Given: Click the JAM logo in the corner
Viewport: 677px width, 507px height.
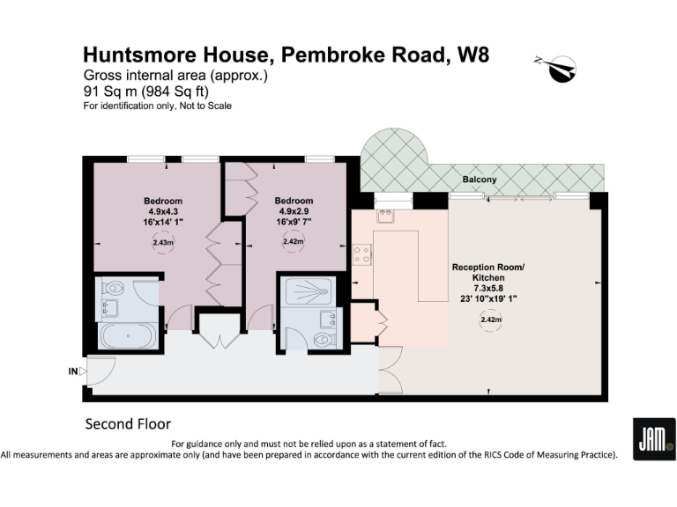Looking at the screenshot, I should click(654, 438).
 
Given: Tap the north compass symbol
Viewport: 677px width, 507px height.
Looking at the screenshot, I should click(558, 67).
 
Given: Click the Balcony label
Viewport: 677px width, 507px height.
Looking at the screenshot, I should click(480, 180).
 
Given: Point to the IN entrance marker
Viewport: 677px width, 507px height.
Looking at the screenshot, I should click(73, 371).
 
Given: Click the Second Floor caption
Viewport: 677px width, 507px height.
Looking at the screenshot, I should click(128, 423).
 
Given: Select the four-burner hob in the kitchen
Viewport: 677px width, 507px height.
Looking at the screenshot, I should click(361, 255).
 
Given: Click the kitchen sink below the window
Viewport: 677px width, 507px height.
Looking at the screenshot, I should click(385, 214).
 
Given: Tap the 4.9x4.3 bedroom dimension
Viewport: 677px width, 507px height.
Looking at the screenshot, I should click(163, 211).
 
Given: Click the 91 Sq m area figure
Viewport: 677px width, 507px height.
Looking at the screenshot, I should click(102, 91).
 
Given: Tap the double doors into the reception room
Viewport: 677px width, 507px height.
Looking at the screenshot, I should click(389, 370).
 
